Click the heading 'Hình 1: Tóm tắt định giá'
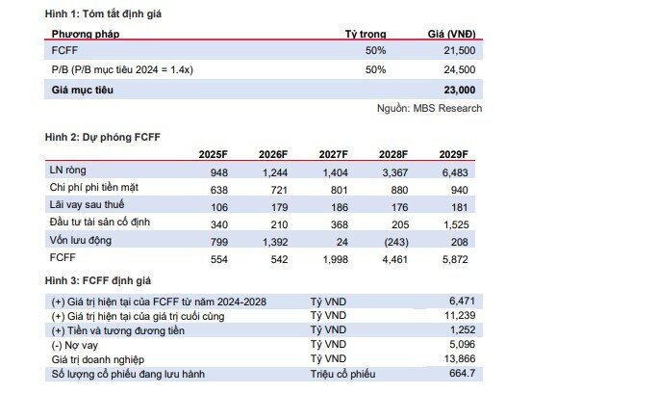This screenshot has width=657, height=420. point(103,14)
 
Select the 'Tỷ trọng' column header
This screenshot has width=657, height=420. point(366,34)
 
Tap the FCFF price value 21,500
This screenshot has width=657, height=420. point(460,50)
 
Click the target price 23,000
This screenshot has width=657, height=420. point(460,90)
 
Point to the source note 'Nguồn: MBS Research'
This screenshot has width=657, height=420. point(429,108)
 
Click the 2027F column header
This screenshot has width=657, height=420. point(333,154)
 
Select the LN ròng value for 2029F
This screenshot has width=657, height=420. point(455,172)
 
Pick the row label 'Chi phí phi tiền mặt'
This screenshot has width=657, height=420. point(94,187)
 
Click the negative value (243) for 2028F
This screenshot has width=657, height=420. point(396,242)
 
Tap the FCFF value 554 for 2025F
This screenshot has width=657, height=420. point(219,259)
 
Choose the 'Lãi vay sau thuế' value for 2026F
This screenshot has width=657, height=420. point(279,207)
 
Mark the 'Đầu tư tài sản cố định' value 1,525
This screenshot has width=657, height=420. point(456,224)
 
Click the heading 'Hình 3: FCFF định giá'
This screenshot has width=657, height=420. point(97,280)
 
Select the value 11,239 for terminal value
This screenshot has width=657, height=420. point(460,316)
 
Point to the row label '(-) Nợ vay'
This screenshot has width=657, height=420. point(75,345)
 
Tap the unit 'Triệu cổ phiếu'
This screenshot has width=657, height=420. point(342,374)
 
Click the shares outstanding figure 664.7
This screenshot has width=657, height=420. point(462,373)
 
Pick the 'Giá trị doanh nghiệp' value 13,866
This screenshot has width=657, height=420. point(460,358)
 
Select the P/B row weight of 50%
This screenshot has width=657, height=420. point(375,69)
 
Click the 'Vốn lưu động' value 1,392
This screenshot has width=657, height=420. point(275,242)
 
